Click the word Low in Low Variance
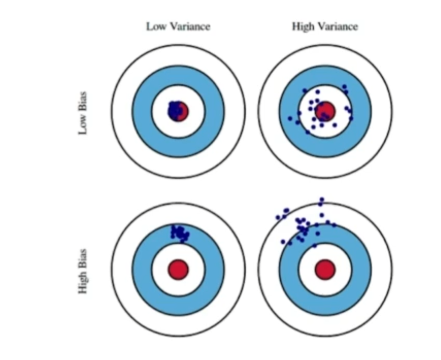[155, 26]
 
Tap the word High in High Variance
[302, 26]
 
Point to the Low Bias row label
[82, 113]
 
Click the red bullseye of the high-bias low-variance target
[178, 269]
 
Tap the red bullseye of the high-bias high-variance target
[325, 269]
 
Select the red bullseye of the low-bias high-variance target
[326, 110]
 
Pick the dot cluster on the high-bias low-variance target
[180, 232]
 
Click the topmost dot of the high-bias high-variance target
[322, 199]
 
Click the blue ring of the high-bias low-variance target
[142, 269]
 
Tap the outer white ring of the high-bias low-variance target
[122, 269]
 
